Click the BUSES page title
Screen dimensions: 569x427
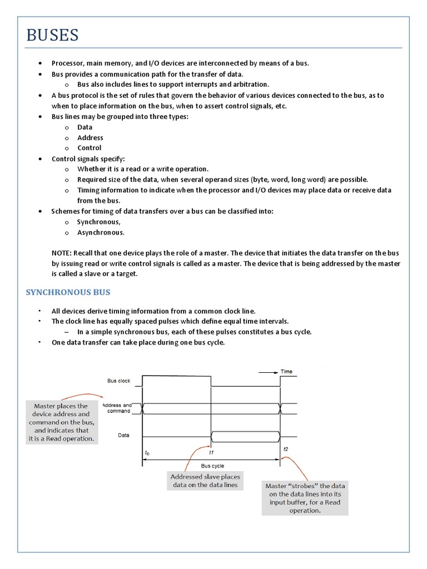53,36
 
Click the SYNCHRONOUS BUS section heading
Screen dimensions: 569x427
68,292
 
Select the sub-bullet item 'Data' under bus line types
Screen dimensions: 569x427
85,127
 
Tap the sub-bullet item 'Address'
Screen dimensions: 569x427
90,138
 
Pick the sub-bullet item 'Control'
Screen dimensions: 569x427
89,148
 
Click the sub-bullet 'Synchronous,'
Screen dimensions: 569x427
98,222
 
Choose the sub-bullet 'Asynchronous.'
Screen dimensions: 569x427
101,232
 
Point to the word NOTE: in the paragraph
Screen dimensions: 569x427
61,253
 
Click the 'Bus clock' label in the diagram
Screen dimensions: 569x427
118,381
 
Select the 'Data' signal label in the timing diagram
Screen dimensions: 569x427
124,436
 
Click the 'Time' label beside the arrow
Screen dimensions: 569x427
286,372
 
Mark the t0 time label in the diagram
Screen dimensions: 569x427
147,453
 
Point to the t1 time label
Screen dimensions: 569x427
211,452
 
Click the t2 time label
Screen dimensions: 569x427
285,449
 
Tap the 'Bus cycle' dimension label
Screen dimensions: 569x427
212,466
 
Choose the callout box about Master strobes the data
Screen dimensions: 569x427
305,498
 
